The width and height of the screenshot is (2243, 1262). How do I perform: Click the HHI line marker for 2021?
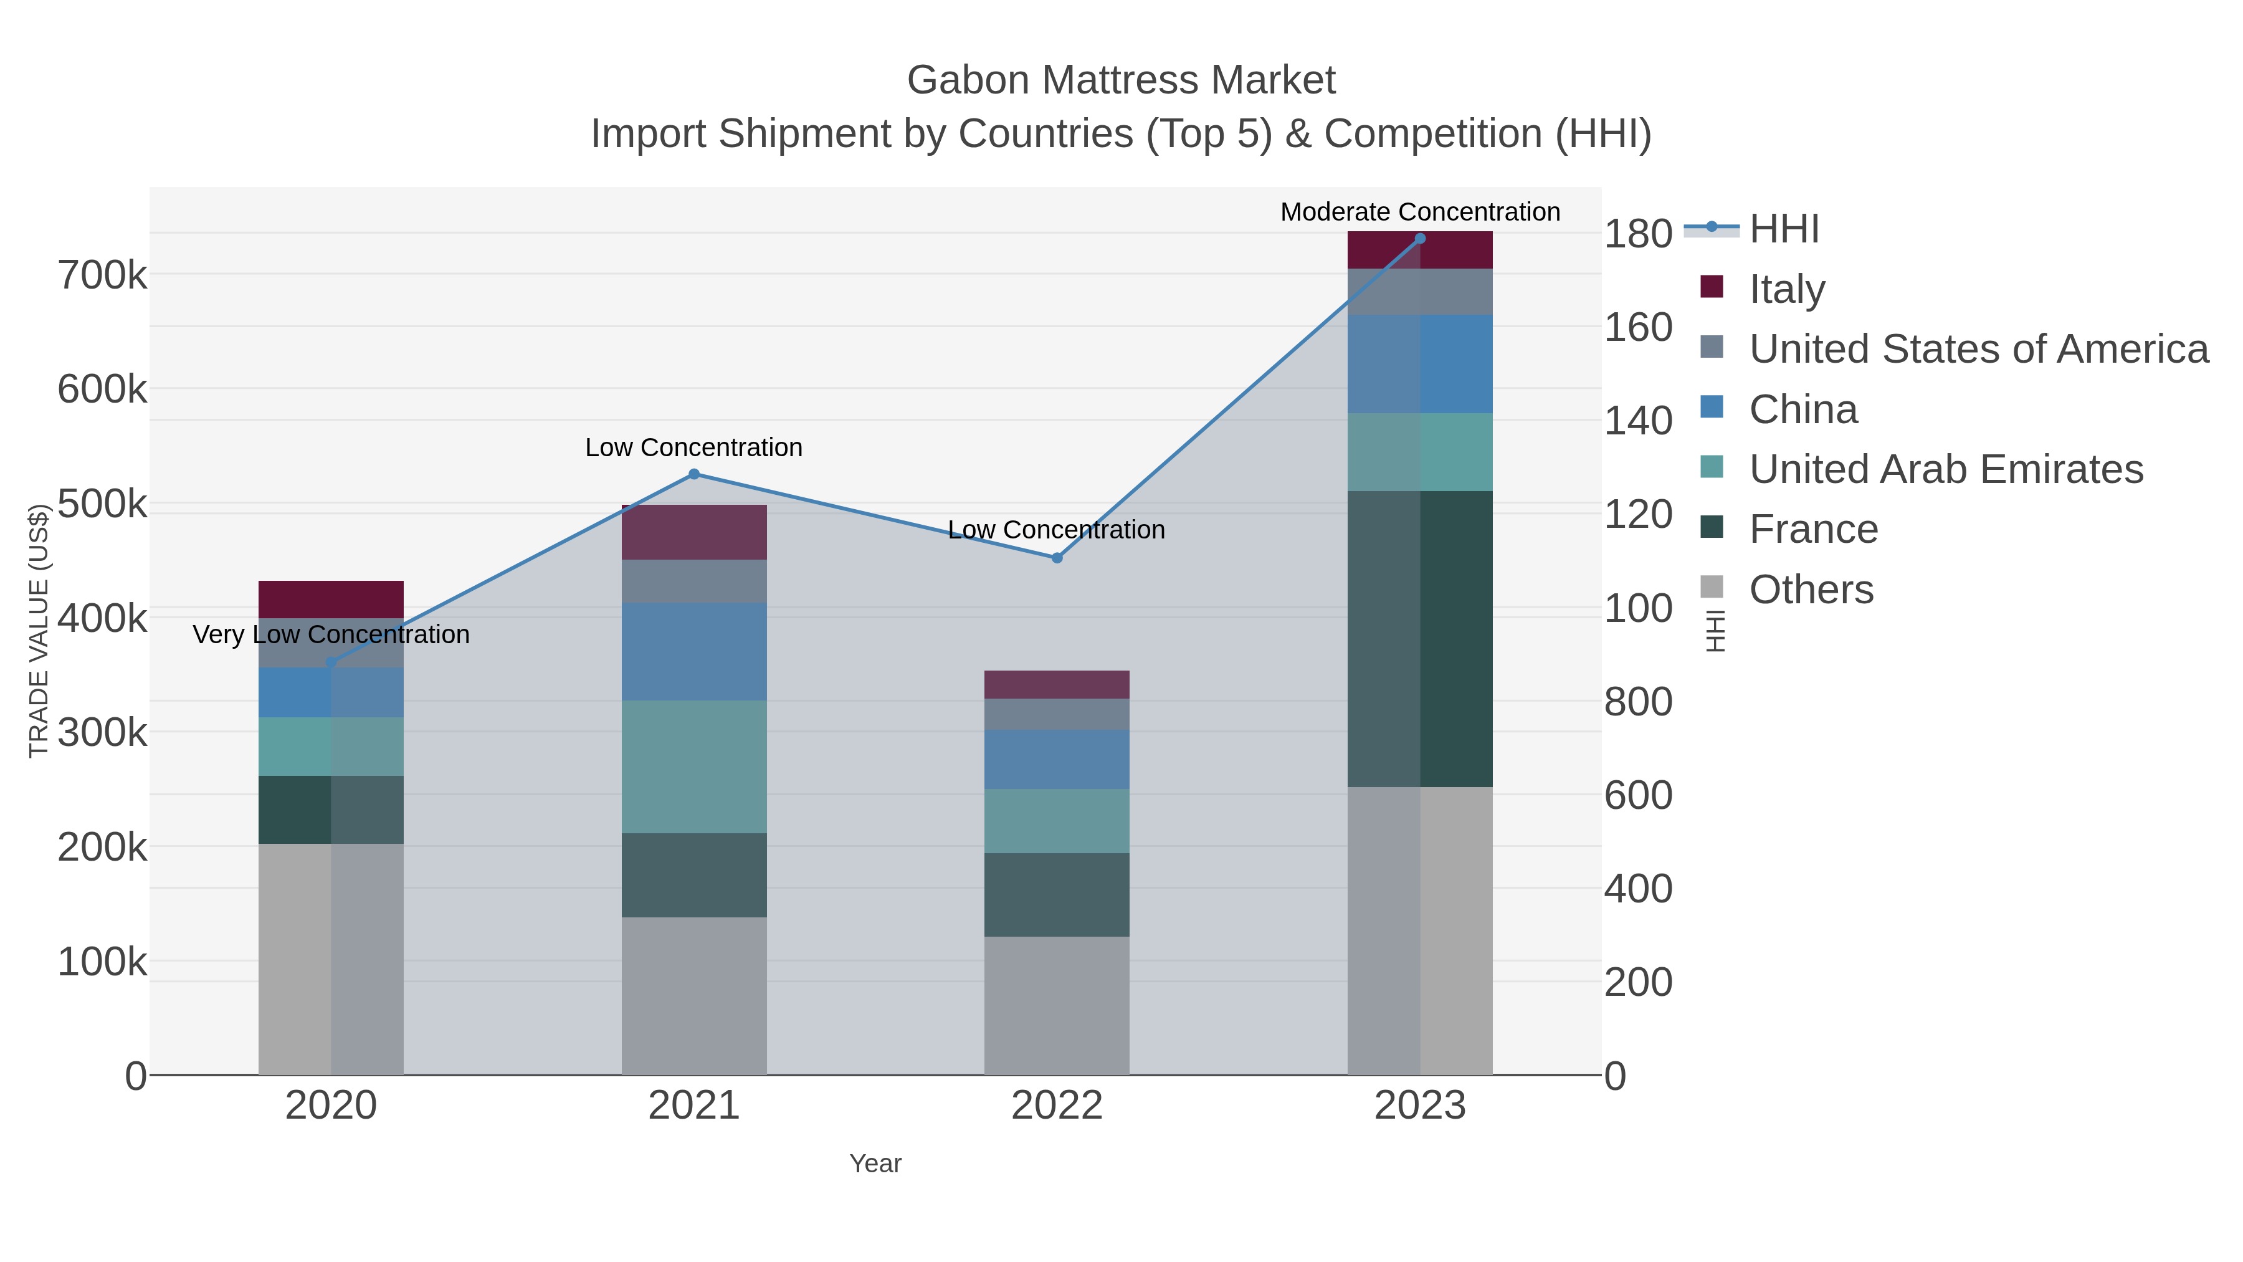point(694,475)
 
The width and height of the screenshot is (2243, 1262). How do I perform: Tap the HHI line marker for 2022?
point(1057,558)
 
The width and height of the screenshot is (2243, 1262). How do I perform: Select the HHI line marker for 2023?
point(1420,239)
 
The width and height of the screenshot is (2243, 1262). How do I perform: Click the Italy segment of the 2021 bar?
point(694,532)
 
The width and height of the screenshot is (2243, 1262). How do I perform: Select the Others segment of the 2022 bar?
point(1057,1006)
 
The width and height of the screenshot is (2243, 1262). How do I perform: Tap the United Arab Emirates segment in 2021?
point(694,767)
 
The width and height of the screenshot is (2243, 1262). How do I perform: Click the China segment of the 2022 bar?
point(1057,760)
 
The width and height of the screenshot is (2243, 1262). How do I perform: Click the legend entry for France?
point(1813,530)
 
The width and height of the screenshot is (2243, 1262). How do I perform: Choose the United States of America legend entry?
point(1978,349)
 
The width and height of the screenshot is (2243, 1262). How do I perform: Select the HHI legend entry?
point(1783,229)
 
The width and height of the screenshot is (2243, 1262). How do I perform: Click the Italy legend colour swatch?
point(1712,287)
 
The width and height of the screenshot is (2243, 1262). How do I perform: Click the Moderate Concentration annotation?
point(1420,212)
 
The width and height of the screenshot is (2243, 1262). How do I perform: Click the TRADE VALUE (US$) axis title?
point(38,631)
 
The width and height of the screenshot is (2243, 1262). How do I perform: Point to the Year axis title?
point(875,1164)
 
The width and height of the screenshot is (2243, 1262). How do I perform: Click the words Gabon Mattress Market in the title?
point(1121,80)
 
